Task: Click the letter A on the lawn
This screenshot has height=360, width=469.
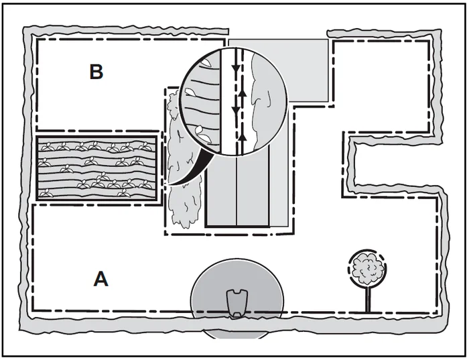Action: click(x=100, y=278)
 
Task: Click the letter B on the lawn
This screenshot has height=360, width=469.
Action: click(x=96, y=72)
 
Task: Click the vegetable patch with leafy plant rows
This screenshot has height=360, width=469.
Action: click(x=97, y=168)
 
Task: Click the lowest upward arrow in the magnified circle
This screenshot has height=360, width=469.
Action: click(x=244, y=136)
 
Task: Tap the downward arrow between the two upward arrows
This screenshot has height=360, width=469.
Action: click(x=234, y=111)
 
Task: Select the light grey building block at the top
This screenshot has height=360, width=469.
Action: click(x=308, y=70)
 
